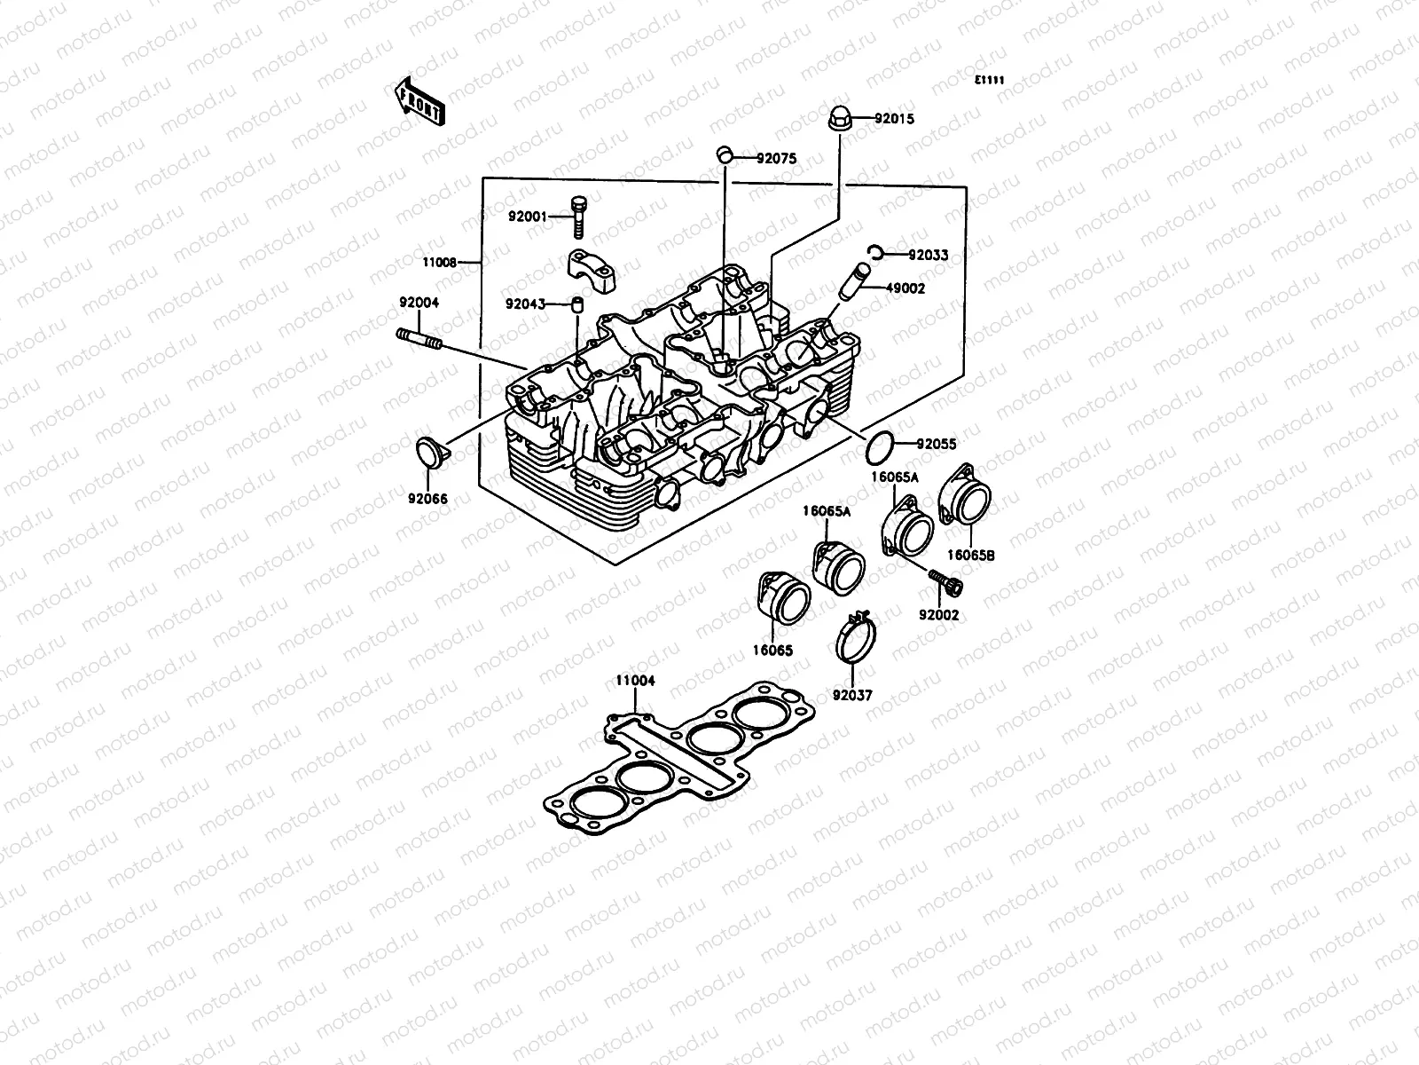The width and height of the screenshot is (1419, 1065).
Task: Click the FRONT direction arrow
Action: (x=419, y=99)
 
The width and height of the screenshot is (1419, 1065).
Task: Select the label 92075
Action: (x=776, y=159)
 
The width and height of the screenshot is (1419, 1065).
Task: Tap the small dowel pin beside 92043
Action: (x=576, y=306)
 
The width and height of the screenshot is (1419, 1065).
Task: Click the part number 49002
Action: (x=905, y=288)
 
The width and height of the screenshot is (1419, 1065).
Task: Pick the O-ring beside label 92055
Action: (x=879, y=447)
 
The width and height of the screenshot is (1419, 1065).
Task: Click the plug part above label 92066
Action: (x=433, y=452)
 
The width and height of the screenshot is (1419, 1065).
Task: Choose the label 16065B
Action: (x=969, y=555)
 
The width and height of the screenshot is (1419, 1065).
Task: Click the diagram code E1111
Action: (x=989, y=80)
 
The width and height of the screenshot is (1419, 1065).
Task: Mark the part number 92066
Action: (x=427, y=499)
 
